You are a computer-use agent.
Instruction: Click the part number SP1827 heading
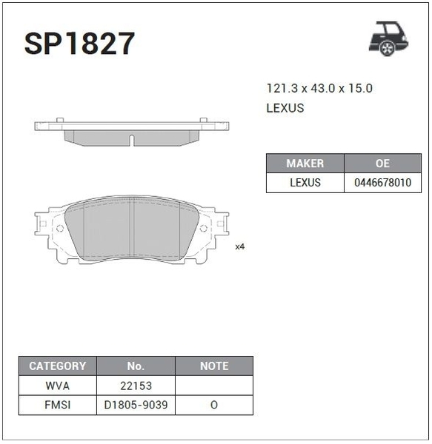79,44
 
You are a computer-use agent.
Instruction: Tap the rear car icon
388,38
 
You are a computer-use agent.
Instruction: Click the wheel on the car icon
387,48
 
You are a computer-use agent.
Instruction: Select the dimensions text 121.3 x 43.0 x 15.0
319,88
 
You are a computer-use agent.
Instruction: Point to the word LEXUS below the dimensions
285,108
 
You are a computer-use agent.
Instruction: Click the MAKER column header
305,164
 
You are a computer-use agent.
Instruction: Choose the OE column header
382,164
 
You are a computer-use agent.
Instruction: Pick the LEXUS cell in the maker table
305,183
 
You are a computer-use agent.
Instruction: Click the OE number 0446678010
382,183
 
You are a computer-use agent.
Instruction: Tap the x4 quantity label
240,246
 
